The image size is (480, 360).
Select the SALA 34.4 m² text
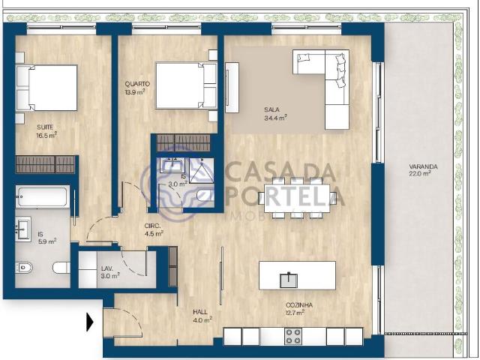point(275,113)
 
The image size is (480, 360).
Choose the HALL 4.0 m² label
point(202,316)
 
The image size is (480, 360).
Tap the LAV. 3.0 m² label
point(110,272)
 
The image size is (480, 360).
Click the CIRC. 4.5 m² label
point(153,229)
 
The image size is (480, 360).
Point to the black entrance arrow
point(90,322)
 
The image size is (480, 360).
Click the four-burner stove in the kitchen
point(293,337)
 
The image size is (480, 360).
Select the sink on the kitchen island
point(289,280)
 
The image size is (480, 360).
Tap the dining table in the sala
point(297,198)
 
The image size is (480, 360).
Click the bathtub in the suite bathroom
point(43,196)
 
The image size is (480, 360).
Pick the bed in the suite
point(46,88)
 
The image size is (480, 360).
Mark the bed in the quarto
point(187,85)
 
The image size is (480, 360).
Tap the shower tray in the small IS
point(201,171)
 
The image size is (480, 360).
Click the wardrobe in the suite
point(45,164)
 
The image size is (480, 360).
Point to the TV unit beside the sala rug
point(232,88)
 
